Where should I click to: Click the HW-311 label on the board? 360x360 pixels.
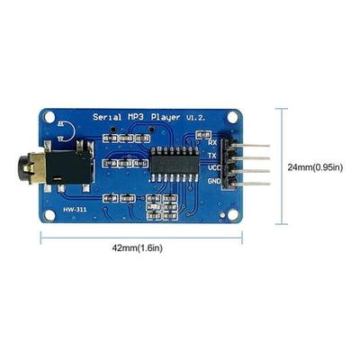tap(75, 209)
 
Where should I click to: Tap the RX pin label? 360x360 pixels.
tap(212, 142)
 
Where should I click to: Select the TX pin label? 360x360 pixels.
tap(212, 156)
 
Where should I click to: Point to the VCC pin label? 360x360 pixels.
tap(214, 167)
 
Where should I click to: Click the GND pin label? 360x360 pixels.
tap(214, 181)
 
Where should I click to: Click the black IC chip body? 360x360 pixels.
tap(175, 164)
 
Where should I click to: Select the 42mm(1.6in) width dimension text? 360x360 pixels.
tap(137, 248)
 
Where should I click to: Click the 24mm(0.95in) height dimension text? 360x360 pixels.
tap(315, 167)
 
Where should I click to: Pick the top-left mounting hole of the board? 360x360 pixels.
tap(49, 117)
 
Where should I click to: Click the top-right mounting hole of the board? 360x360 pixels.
tap(232, 117)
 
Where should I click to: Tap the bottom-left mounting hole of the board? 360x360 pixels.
tap(49, 215)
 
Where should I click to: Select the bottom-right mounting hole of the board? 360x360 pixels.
tap(232, 215)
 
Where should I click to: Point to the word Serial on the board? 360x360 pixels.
tap(107, 117)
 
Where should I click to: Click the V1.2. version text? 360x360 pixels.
tap(196, 118)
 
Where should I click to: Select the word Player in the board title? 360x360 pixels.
tap(166, 117)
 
